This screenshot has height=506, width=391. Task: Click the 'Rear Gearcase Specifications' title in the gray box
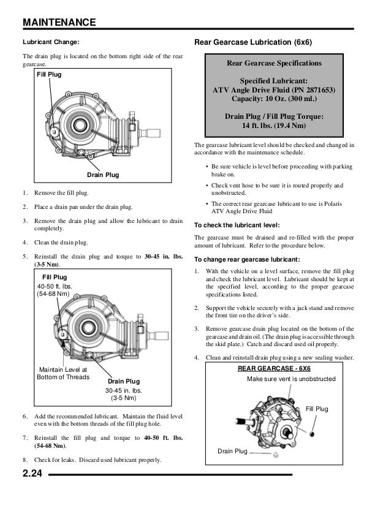tap(274, 63)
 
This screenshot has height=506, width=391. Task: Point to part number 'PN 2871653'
tap(311, 89)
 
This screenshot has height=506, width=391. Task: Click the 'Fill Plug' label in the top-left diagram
tap(51, 75)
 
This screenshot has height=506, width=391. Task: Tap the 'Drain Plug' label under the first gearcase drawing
tap(103, 176)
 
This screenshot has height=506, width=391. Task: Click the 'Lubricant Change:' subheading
tap(51, 43)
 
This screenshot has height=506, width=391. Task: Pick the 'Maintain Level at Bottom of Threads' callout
tap(64, 373)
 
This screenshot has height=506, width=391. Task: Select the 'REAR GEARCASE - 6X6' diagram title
tap(275, 369)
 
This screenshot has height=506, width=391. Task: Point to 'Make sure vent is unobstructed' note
tap(290, 379)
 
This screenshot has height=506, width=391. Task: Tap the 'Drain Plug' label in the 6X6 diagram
tap(232, 451)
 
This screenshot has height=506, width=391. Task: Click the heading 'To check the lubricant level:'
tap(233, 224)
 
